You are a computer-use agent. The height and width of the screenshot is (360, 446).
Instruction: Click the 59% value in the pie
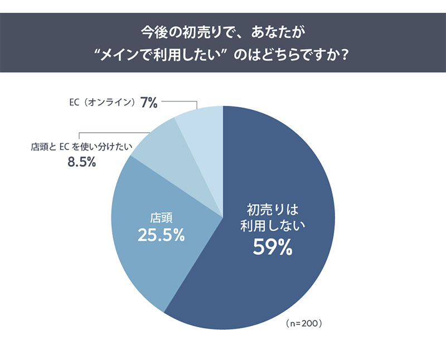(x=273, y=246)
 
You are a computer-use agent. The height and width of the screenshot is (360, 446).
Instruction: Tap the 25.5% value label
(x=161, y=235)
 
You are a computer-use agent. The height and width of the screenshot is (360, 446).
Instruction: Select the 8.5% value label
(x=81, y=162)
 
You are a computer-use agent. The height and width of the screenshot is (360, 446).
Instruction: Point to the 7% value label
(x=149, y=103)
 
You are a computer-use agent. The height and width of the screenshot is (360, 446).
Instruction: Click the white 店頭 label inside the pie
(x=161, y=216)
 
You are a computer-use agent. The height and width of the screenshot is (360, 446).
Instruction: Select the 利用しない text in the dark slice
(x=273, y=226)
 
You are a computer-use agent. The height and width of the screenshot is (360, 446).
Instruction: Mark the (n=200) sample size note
(x=303, y=323)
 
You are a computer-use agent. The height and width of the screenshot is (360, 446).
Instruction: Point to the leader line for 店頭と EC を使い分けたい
(x=111, y=133)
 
